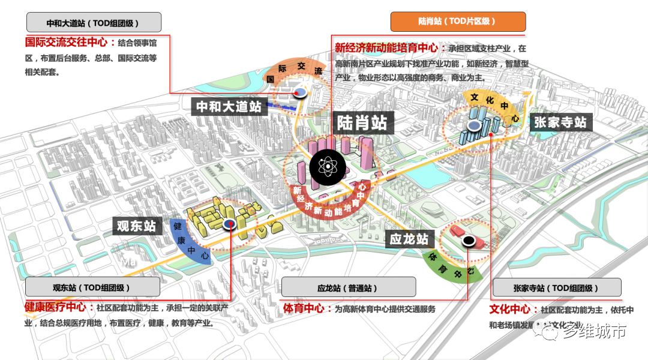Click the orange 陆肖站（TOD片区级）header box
458,22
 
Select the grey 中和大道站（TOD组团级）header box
94,23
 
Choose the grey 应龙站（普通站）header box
348,287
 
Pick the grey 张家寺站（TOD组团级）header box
556,287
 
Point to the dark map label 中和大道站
229,107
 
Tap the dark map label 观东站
137,226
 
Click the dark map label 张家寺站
560,122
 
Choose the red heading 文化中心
509,309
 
